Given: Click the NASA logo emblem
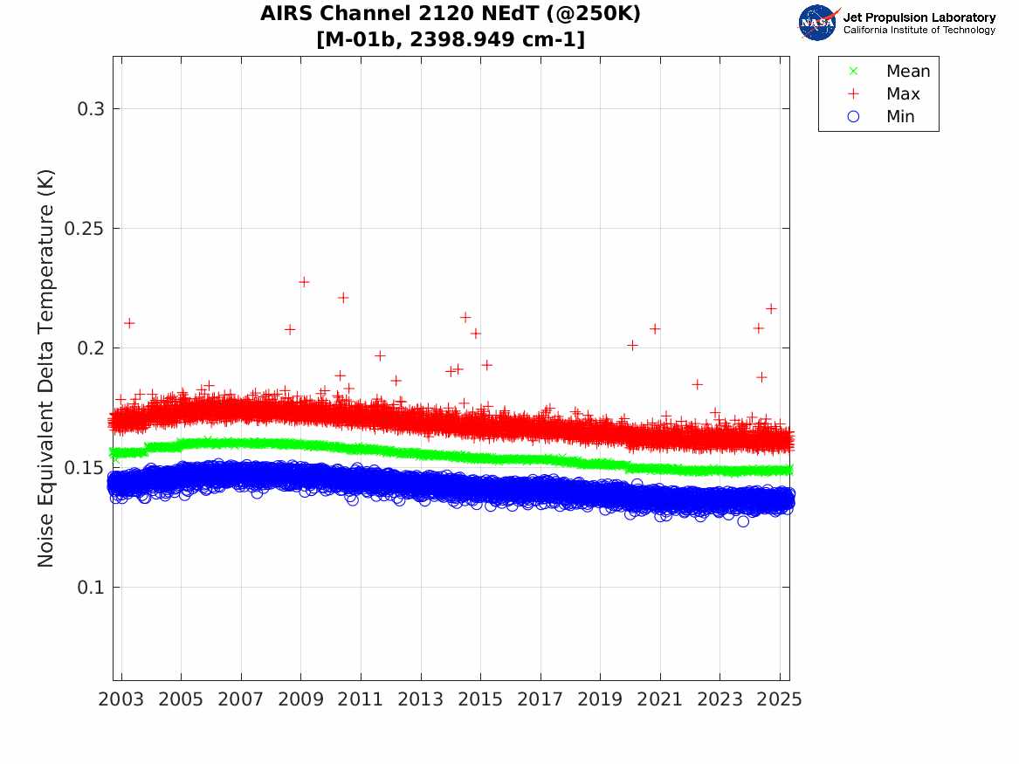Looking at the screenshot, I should pos(817,22).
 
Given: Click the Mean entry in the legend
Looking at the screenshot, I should pos(907,72).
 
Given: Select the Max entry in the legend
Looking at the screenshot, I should pos(902,94).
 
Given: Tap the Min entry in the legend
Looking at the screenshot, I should pos(900,117).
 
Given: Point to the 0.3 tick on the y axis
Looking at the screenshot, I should pos(89,109).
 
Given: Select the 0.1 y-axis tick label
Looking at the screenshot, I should pos(89,588).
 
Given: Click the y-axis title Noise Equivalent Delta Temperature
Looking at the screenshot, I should pos(46,368).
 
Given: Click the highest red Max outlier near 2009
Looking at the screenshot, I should pos(304,282).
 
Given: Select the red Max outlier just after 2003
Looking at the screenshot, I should pos(129,323).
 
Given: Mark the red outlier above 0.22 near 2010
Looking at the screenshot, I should pos(343,298).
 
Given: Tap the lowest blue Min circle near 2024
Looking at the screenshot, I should pos(743,521).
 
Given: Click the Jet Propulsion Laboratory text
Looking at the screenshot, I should pos(919,17).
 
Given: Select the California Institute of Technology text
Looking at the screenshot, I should pos(919,31).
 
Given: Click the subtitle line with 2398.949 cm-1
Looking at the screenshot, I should pos(451,39).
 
